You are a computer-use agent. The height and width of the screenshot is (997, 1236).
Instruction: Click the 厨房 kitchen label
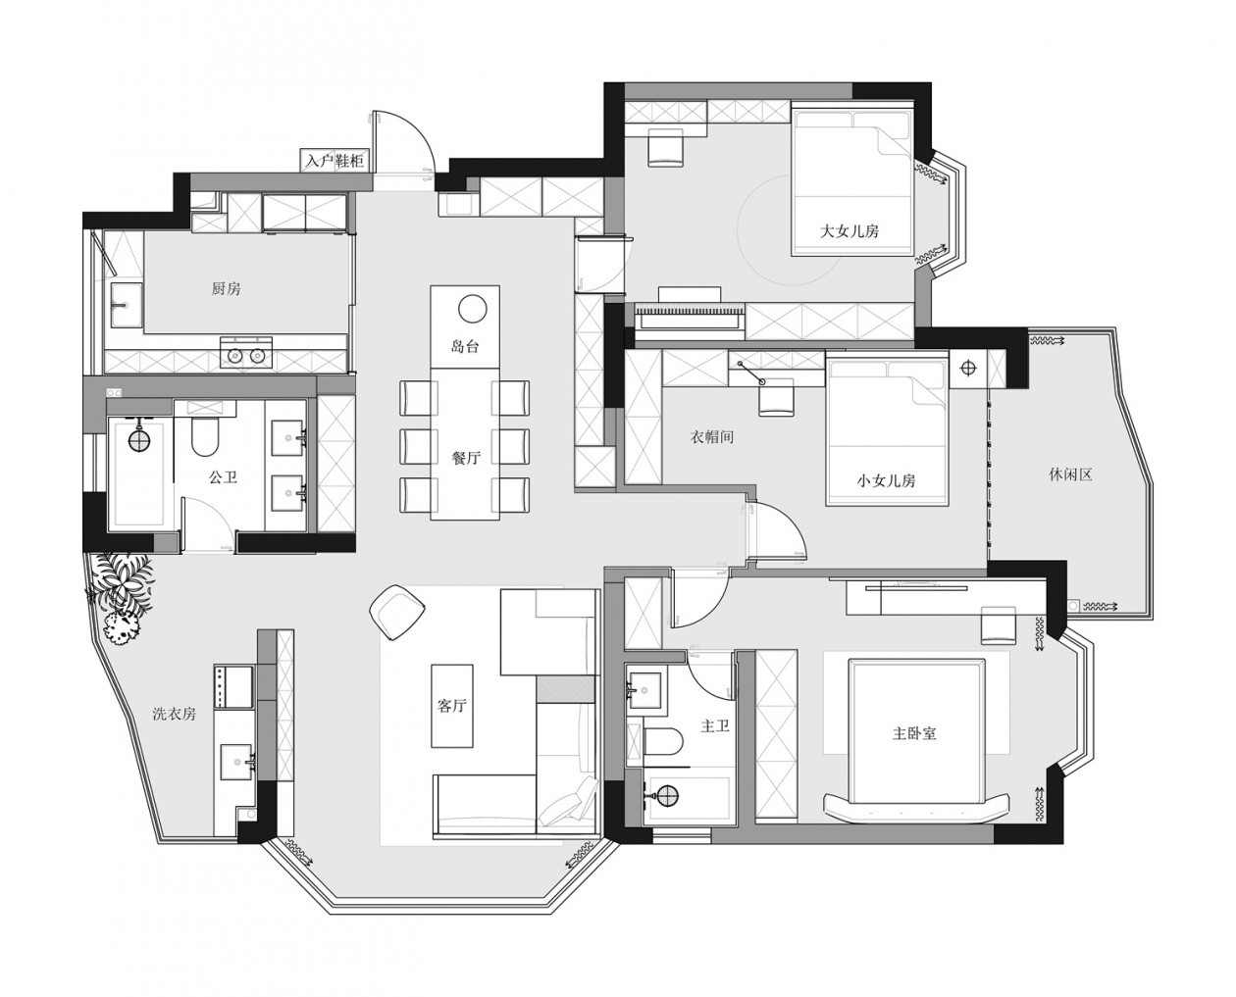point(226,288)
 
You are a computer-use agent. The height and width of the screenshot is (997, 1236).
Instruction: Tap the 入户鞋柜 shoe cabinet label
point(336,160)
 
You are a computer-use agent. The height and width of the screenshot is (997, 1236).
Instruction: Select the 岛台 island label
point(465,347)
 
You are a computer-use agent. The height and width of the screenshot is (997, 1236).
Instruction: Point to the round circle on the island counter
point(472,309)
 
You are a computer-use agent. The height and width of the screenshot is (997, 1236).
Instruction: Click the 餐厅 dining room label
point(466,458)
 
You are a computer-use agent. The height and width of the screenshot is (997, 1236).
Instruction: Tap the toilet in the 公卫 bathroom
point(204,435)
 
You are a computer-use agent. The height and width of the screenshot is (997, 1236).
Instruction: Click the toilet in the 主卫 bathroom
point(663,741)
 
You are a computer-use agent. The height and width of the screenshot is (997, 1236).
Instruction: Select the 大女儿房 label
point(849,231)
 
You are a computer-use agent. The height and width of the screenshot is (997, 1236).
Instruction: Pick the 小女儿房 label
point(886,480)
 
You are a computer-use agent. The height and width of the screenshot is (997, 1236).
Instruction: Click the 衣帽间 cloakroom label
point(711,436)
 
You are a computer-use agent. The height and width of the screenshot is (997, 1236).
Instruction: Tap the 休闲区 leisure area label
point(1070,475)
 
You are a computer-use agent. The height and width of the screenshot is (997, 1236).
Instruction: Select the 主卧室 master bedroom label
point(914,733)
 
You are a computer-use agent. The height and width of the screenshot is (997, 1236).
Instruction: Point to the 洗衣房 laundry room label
point(174,714)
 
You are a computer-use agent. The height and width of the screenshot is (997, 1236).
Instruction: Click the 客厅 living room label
point(452,705)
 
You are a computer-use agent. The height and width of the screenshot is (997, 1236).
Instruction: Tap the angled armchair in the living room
point(397,612)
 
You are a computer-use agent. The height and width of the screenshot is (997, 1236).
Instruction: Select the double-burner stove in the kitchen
point(245,354)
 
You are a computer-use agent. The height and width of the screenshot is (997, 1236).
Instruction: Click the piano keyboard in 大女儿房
point(690,320)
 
